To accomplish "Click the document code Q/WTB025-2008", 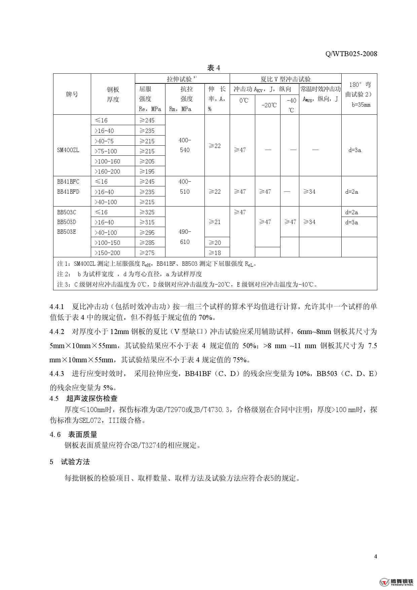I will pos(351,54).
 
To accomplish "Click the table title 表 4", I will pos(214,68).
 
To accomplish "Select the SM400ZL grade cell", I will pos(68,150).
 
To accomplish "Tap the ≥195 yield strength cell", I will pos(147,172).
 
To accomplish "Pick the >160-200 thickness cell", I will pos(107,172).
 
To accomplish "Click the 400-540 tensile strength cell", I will pos(185,145).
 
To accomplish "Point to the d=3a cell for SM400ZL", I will pos(354,150).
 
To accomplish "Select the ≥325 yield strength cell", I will pos(147,212).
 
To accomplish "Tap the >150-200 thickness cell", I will pos(107,253).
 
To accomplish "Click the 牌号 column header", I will pos(72,95).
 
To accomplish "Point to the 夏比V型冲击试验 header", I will pos(286,79).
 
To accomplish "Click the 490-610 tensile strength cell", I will pos(185,237).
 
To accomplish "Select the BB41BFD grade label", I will pos(68,192).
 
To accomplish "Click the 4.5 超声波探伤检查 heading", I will pos(84,399).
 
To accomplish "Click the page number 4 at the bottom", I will pos(375,556).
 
